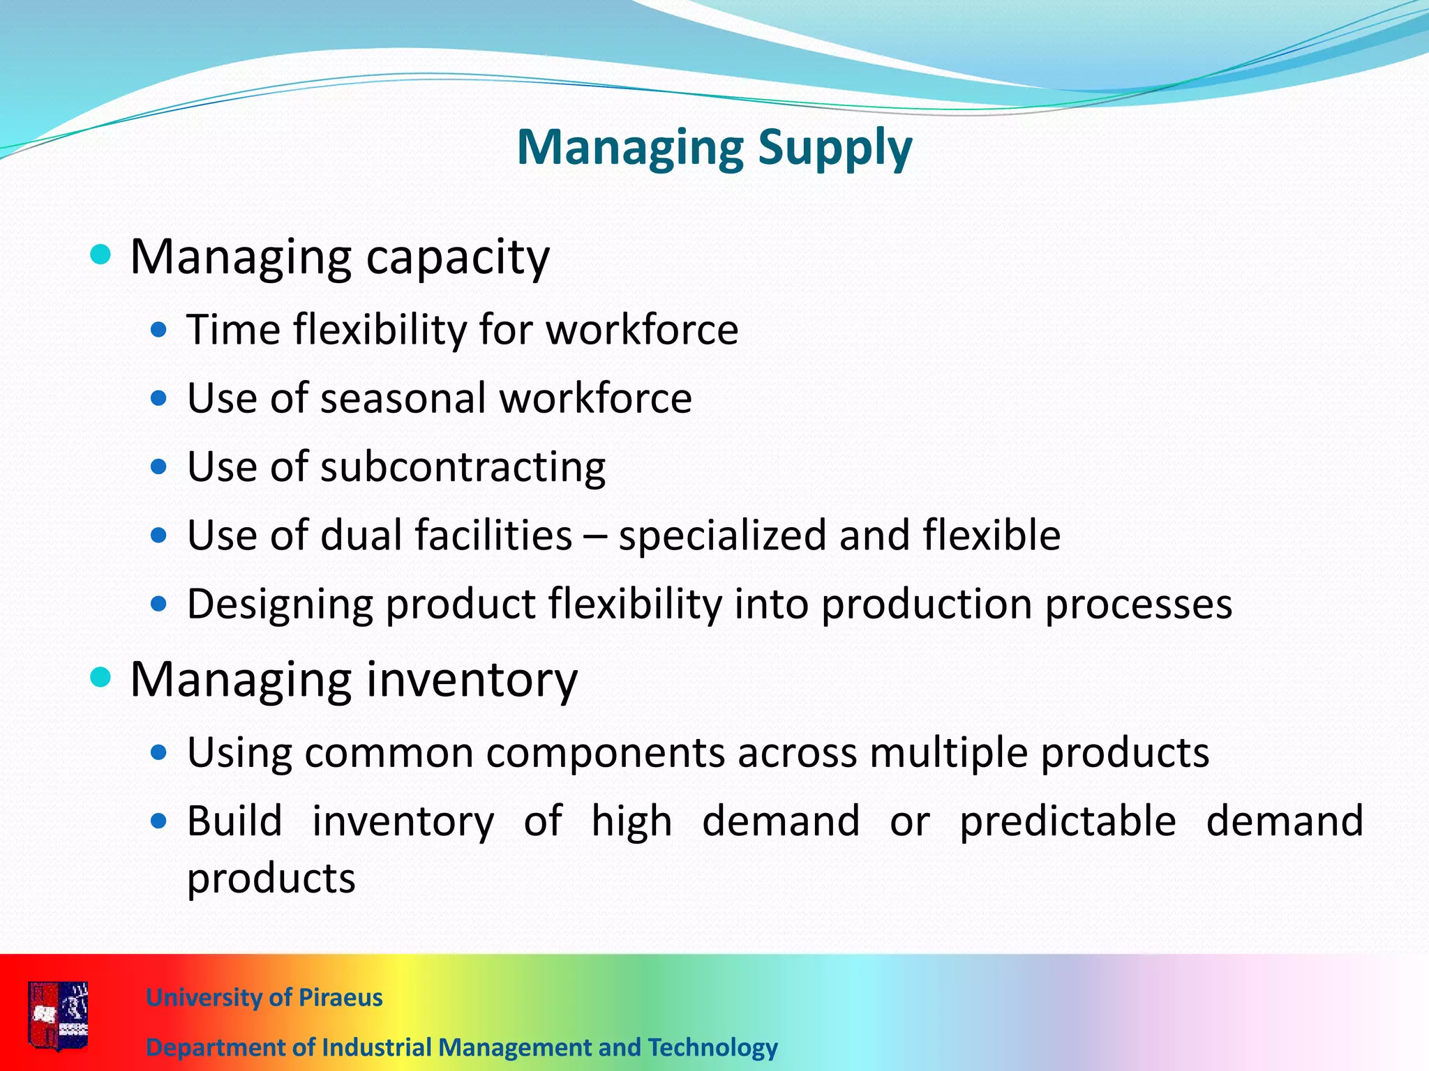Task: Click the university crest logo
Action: point(59,1016)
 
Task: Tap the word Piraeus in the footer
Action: point(340,998)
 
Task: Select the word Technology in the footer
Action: point(712,1047)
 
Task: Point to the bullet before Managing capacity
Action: point(101,255)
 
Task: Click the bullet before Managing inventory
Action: point(101,677)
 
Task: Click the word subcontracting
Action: point(463,467)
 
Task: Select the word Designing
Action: point(280,605)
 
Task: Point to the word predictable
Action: point(1068,821)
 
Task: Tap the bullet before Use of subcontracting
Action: point(159,467)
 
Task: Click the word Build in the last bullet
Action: point(234,821)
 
